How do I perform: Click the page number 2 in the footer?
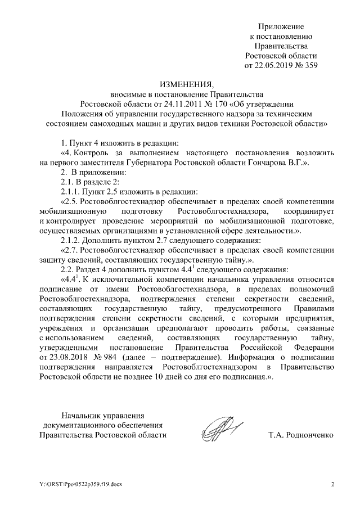coord(332,484)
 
